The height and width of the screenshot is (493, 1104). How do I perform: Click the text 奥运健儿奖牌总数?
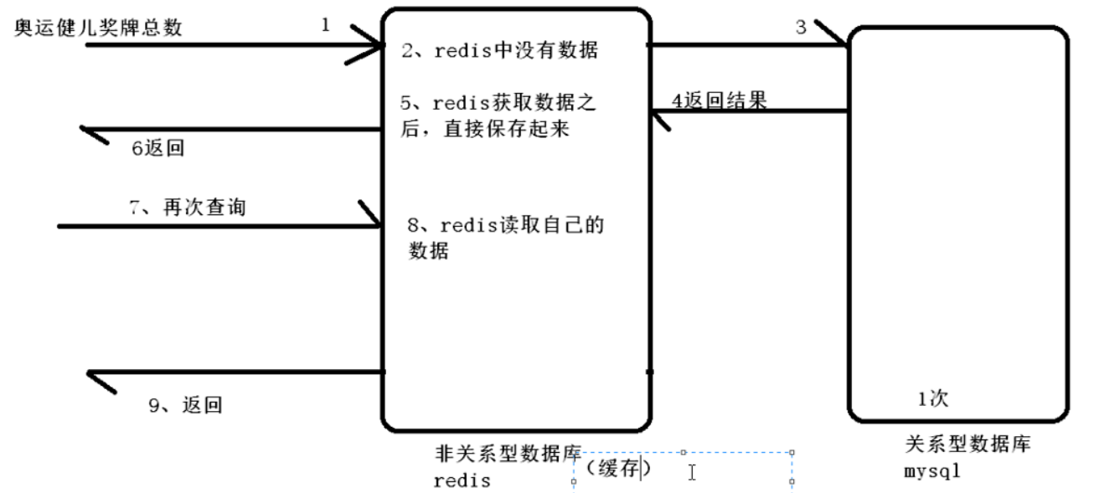[x=98, y=28]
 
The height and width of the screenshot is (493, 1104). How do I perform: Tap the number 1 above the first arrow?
[x=325, y=25]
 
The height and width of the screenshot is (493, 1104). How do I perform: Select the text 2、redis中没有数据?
[x=500, y=51]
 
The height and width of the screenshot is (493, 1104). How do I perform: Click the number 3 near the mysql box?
[x=801, y=28]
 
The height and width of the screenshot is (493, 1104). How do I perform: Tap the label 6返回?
[x=157, y=149]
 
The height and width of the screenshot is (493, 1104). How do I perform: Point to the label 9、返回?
[x=185, y=406]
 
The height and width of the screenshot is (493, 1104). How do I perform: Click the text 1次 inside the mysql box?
[x=932, y=398]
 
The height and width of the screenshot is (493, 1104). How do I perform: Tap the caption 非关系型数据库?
[x=508, y=454]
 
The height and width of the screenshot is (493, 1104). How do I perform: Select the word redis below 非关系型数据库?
[x=462, y=481]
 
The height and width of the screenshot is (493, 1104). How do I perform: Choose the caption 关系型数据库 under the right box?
[x=967, y=444]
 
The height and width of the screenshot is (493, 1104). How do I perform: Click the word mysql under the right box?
[x=932, y=471]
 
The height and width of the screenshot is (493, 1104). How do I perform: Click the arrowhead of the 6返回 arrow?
[x=90, y=131]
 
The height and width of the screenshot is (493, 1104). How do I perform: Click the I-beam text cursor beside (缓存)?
[x=692, y=473]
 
